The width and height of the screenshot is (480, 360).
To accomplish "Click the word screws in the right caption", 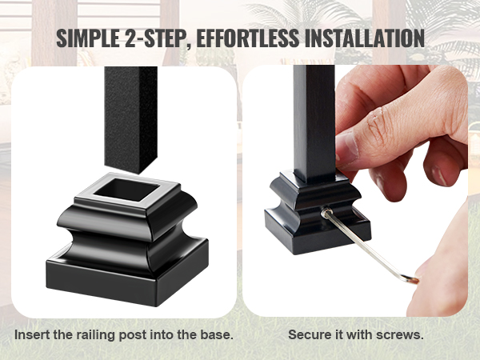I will point(402,334).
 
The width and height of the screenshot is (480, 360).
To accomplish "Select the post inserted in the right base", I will point(313,120).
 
